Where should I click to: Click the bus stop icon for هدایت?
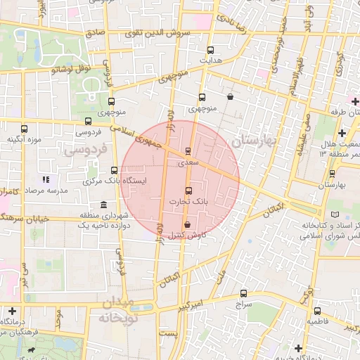(210, 51)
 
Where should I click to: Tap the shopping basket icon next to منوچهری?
(231, 98)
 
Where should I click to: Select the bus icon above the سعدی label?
(188, 151)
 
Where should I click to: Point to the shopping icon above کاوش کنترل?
(187, 224)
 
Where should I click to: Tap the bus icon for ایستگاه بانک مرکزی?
(115, 170)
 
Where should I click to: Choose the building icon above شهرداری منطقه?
(104, 205)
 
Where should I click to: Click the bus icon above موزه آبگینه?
(25, 129)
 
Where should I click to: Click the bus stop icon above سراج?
(243, 294)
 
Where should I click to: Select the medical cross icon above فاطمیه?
(317, 310)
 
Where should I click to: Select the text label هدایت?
(210, 60)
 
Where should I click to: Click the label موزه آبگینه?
(25, 139)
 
